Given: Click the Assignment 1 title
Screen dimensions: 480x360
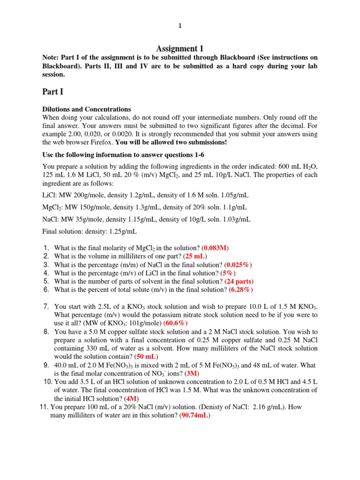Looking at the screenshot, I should pos(180,49).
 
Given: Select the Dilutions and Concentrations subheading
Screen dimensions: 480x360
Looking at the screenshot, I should pos(87,109).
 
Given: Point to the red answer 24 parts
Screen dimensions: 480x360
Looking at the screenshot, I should pos(239,282).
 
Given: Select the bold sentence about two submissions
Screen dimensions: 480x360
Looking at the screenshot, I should pos(171,142).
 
